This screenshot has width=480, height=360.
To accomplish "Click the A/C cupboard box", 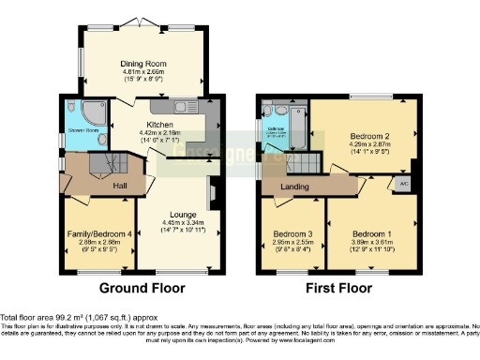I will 404,185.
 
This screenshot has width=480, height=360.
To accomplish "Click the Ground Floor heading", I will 142,287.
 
